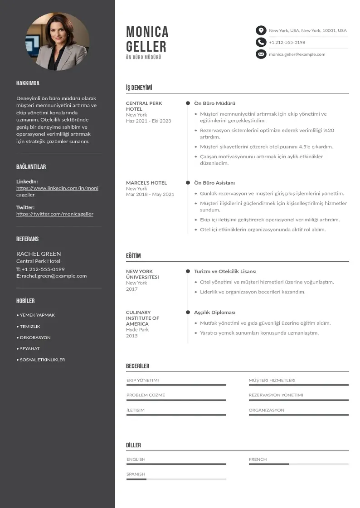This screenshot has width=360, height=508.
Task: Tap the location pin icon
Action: (261, 30)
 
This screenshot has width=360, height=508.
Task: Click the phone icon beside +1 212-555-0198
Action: (261, 42)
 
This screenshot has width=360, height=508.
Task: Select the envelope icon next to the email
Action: (261, 54)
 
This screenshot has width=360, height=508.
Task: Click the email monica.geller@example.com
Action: (297, 54)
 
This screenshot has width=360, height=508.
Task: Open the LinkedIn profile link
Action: (57, 191)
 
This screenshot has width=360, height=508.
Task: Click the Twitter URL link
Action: (55, 214)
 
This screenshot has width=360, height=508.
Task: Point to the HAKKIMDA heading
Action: (28, 83)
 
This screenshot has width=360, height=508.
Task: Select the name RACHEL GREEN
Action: (39, 254)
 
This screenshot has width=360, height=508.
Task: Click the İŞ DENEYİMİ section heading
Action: (139, 88)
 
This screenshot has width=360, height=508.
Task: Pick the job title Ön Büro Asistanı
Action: (214, 183)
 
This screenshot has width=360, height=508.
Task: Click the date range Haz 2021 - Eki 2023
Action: (149, 121)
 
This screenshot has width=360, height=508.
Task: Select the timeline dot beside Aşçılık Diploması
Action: (188, 313)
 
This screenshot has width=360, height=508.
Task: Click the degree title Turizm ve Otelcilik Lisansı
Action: (225, 271)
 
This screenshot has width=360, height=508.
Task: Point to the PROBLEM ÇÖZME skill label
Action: (146, 395)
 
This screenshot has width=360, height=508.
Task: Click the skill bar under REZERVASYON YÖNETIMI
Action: (298, 400)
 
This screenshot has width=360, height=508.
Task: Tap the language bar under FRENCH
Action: (298, 464)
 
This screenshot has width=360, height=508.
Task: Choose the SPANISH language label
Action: (136, 474)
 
